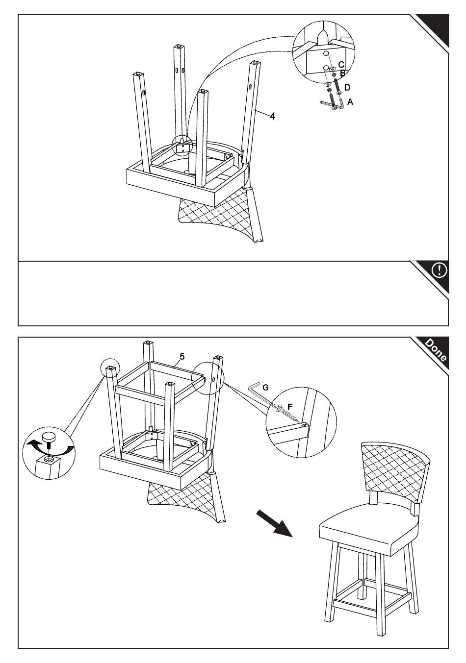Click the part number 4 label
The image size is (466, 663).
click(272, 116)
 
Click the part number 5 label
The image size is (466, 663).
click(182, 356)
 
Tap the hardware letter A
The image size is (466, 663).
click(350, 101)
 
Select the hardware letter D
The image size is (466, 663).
click(347, 87)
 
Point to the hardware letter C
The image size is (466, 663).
click(341, 64)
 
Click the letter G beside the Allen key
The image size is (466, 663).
click(266, 387)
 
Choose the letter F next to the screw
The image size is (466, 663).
click(289, 406)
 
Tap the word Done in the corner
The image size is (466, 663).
click(436, 350)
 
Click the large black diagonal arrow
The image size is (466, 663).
click(274, 522)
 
